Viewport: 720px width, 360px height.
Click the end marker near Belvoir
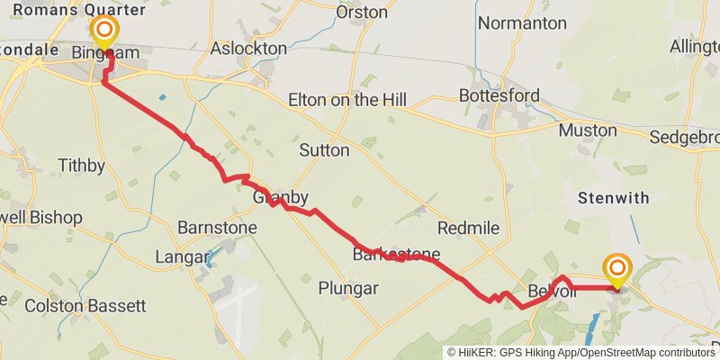[x=617, y=270]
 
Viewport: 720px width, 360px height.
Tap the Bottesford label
[x=499, y=94]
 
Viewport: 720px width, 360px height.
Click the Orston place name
[x=361, y=13]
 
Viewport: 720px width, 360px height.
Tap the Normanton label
[x=523, y=22]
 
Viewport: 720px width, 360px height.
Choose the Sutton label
[x=323, y=150]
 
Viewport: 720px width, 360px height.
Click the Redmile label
[x=467, y=228]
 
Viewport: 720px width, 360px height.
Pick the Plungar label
[x=348, y=289]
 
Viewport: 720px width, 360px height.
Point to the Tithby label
[x=81, y=166]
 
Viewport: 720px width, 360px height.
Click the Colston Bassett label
[x=85, y=306]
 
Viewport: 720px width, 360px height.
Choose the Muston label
[x=588, y=130]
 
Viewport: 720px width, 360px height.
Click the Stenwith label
[x=615, y=198]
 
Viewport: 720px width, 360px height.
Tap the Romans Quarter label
[x=67, y=10]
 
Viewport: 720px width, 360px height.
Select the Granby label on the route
[x=281, y=197]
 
